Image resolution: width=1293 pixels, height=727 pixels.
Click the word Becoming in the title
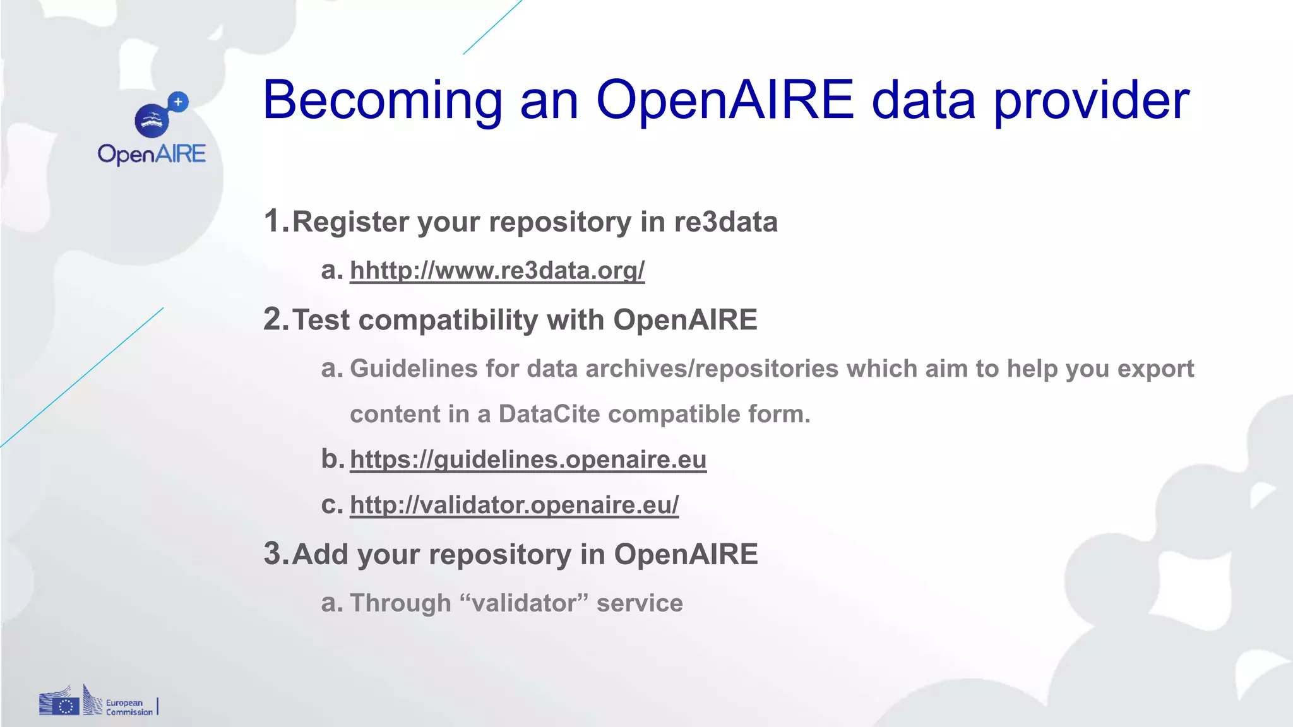click(382, 101)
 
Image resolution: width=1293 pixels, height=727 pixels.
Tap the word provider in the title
click(1092, 101)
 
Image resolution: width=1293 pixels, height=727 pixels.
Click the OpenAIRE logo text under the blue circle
click(152, 154)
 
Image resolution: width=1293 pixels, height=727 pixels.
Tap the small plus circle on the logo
click(179, 102)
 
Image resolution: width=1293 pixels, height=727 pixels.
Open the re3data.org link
click(497, 270)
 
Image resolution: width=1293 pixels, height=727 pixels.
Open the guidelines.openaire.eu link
click(528, 459)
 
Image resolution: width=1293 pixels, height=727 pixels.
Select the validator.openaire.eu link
click(514, 505)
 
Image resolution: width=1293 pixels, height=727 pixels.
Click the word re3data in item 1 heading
click(725, 222)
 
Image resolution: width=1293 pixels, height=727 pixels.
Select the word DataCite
click(549, 415)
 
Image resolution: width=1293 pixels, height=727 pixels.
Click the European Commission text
click(129, 707)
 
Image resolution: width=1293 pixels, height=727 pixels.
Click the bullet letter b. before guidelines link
click(332, 459)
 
